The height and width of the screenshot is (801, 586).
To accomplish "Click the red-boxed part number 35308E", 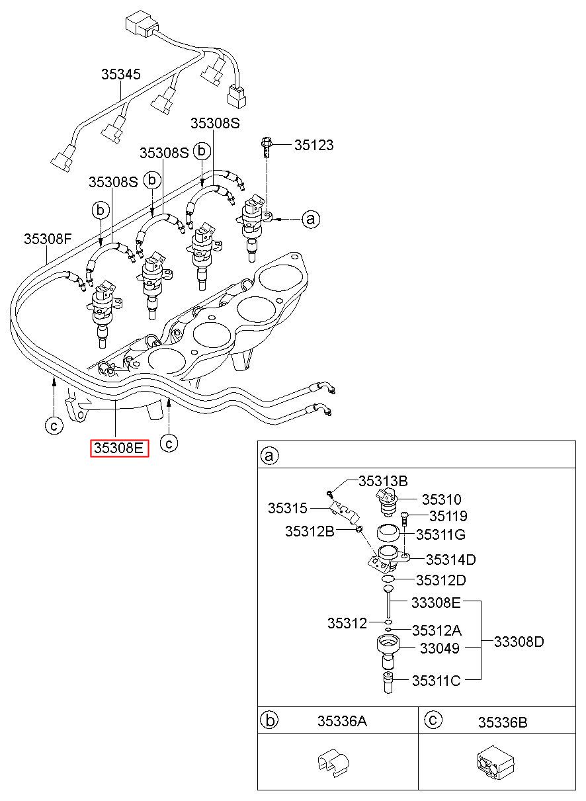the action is (119, 448).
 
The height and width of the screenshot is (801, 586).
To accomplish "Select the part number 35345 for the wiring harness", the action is (121, 74).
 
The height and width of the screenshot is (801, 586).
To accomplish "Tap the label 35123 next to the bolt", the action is (314, 145).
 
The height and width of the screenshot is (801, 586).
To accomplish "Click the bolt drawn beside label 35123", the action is (267, 148).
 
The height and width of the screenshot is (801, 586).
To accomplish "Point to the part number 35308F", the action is (48, 239).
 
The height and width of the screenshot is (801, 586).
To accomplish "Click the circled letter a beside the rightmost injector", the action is (311, 219).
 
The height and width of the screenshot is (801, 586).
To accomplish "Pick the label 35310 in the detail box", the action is (442, 499).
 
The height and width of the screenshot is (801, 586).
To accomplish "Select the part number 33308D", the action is (519, 642).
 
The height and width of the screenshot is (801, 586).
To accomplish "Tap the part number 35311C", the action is (436, 681).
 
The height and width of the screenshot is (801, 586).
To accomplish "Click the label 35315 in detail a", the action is (288, 508).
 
